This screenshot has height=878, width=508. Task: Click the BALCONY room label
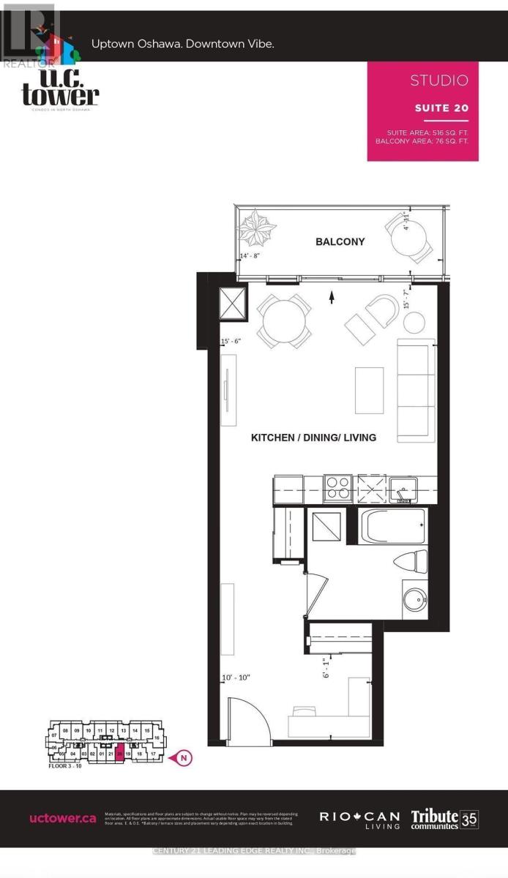(340, 241)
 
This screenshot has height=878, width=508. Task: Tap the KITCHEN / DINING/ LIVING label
(313, 438)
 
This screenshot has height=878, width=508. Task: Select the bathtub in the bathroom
(392, 527)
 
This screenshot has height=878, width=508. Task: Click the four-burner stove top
(337, 487)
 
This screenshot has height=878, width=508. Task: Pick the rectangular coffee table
(369, 390)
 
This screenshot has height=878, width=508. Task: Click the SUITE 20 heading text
(441, 108)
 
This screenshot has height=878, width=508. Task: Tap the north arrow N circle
(185, 758)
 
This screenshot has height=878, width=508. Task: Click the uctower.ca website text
(62, 818)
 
